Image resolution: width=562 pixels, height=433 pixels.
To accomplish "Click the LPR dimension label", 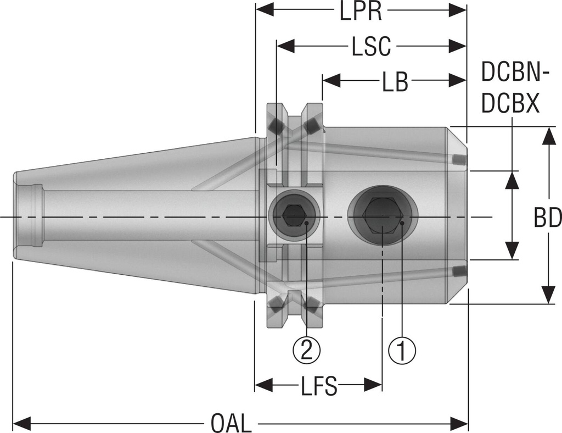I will click(x=361, y=12).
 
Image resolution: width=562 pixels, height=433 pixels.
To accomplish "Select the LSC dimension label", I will click(x=371, y=47).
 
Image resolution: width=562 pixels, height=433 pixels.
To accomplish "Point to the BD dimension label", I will click(x=547, y=218).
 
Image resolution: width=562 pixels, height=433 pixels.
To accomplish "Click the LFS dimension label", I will click(x=318, y=386).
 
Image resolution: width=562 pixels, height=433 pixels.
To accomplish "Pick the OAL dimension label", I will click(x=231, y=423).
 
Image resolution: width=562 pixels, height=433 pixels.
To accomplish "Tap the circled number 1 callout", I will click(x=402, y=349).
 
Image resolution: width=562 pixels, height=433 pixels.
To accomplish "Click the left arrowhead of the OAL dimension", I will click(x=20, y=423).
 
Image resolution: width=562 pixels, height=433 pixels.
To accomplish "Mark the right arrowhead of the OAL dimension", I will click(x=459, y=423).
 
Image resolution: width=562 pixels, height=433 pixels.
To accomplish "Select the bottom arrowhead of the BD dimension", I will click(x=547, y=295).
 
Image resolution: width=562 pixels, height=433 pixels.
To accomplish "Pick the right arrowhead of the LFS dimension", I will click(x=374, y=386).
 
